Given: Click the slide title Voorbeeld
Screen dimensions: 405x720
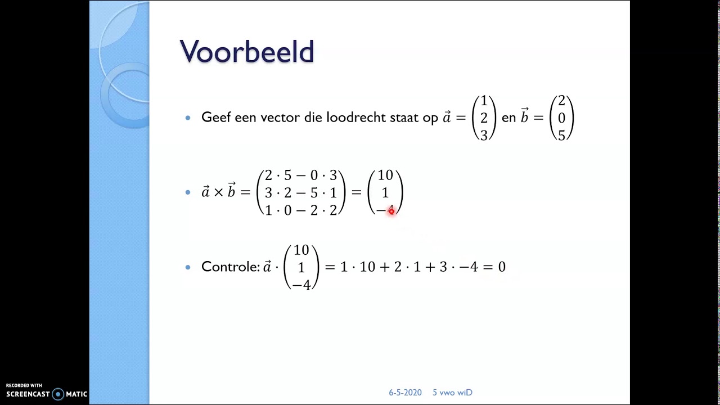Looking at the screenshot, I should (x=246, y=52).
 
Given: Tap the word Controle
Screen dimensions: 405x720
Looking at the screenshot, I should (x=229, y=267).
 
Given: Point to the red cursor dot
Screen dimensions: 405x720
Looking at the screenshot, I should (x=391, y=211).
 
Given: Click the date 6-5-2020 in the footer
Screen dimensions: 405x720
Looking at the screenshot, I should (x=405, y=393).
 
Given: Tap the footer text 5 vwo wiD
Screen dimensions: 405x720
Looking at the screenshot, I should (x=452, y=393).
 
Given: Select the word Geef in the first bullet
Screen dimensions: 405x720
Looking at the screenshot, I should (x=216, y=118).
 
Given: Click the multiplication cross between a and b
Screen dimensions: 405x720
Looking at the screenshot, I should (x=218, y=193).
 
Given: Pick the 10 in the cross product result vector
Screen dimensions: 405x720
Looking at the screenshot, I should (x=385, y=176).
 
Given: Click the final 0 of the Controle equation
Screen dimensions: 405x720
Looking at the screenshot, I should (x=502, y=267).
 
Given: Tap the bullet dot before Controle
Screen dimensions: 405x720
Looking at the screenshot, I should (x=188, y=267).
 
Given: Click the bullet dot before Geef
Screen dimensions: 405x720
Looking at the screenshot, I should (x=188, y=118).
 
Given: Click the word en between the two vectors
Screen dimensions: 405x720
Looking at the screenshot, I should (x=508, y=118).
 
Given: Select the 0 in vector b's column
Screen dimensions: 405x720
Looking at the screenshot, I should (x=561, y=118).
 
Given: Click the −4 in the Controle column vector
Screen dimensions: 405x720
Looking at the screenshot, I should (x=301, y=285).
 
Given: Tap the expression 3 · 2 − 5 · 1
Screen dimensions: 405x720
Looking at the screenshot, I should (x=300, y=193).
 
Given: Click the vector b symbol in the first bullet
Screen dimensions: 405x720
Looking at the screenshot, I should (x=524, y=116).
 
